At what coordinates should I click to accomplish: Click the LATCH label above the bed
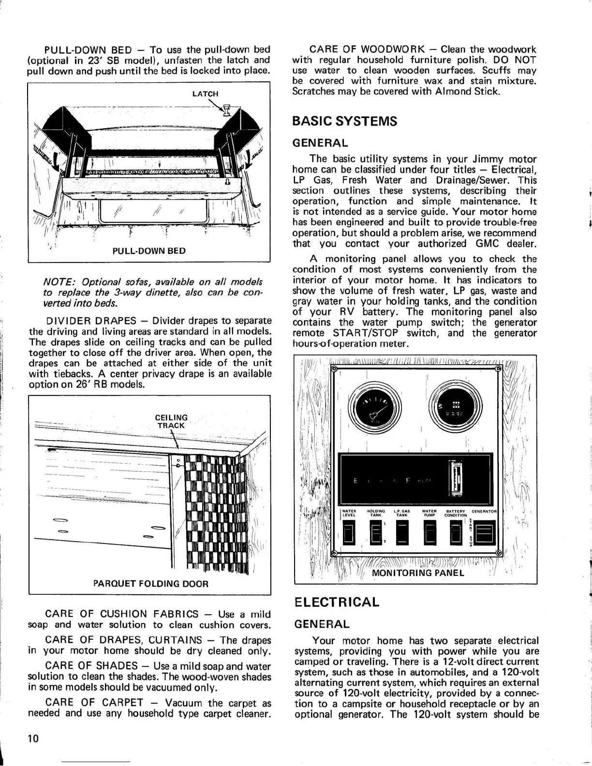(x=205, y=94)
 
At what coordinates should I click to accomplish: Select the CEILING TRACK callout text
(x=171, y=421)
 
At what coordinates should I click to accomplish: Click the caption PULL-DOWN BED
(x=149, y=251)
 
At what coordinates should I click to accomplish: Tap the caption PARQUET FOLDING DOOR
(x=150, y=584)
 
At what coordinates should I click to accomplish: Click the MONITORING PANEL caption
(x=418, y=573)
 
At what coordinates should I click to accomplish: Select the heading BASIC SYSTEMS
(x=344, y=121)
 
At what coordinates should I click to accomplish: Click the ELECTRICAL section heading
(x=337, y=603)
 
